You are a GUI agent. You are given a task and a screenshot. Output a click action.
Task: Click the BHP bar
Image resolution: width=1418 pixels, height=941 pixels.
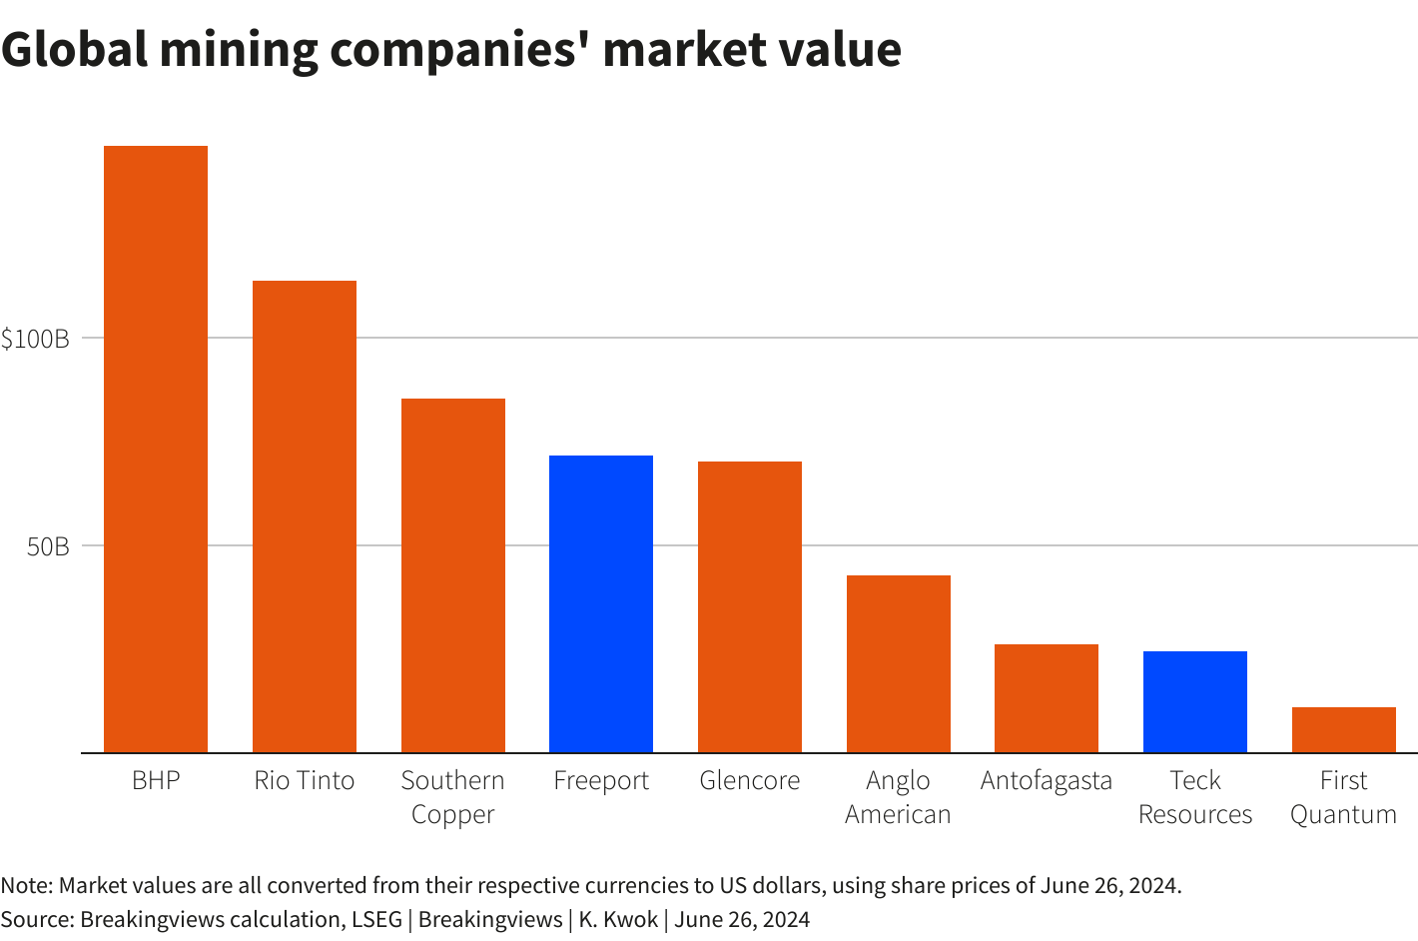pyautogui.click(x=156, y=450)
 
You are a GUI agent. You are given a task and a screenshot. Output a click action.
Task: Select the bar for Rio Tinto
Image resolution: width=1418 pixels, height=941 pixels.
pyautogui.click(x=305, y=516)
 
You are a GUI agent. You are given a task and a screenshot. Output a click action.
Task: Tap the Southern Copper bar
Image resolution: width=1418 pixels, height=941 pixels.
pyautogui.click(x=453, y=575)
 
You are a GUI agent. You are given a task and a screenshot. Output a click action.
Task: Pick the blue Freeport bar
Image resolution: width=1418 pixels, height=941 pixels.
pyautogui.click(x=601, y=603)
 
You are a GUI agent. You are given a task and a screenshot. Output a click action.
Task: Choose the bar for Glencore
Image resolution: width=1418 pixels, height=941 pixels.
pyautogui.click(x=750, y=606)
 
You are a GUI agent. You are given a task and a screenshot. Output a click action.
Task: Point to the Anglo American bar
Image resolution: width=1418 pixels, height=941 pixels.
pyautogui.click(x=899, y=663)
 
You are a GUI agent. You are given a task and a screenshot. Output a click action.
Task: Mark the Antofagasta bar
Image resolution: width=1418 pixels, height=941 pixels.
pyautogui.click(x=1047, y=698)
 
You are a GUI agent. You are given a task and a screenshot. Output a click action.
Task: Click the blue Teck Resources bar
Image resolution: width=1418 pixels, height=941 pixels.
pyautogui.click(x=1195, y=701)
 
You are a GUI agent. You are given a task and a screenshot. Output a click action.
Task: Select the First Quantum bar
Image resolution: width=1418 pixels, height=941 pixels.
pyautogui.click(x=1343, y=729)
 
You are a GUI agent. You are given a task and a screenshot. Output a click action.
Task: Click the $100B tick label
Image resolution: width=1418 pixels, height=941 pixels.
pyautogui.click(x=35, y=339)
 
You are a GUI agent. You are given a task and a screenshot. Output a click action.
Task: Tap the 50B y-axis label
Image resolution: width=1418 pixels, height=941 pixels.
pyautogui.click(x=48, y=546)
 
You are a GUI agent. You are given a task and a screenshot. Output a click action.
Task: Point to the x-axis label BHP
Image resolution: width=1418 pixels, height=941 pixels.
pyautogui.click(x=156, y=780)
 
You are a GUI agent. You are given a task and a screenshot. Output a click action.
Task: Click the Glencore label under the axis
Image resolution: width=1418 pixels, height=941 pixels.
pyautogui.click(x=750, y=780)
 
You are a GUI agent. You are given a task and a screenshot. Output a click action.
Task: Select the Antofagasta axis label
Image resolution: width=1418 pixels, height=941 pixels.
pyautogui.click(x=1047, y=780)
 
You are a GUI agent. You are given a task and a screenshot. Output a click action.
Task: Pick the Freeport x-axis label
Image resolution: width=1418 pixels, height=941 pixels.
pyautogui.click(x=601, y=780)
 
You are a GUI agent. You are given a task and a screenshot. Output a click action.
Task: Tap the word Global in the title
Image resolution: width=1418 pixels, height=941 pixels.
pyautogui.click(x=74, y=50)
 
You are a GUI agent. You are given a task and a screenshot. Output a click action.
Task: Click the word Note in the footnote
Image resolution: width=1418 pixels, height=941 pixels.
pyautogui.click(x=25, y=885)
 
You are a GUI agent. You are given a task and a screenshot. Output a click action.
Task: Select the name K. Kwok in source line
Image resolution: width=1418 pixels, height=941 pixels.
pyautogui.click(x=618, y=919)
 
